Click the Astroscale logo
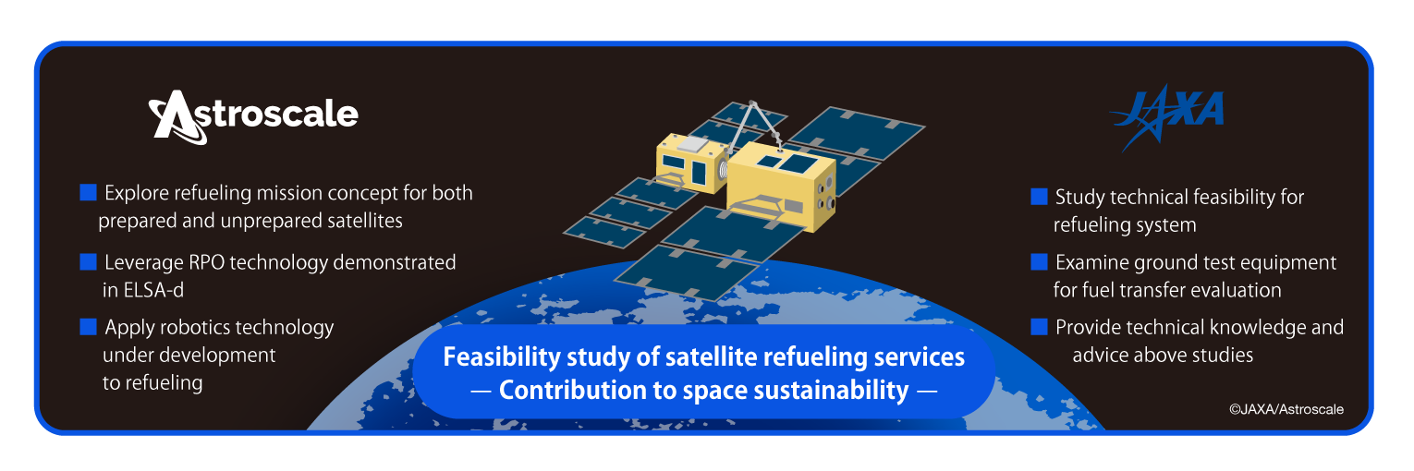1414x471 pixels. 253,116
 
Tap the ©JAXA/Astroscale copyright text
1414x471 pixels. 1286,409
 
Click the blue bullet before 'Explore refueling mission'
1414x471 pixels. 89,192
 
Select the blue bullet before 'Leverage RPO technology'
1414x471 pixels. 89,261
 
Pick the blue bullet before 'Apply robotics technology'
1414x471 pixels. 89,327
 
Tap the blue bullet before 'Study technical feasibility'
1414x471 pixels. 1039,197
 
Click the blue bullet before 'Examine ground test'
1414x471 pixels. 1039,261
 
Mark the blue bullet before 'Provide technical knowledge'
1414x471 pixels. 1039,327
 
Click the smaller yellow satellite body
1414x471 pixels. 691,163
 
